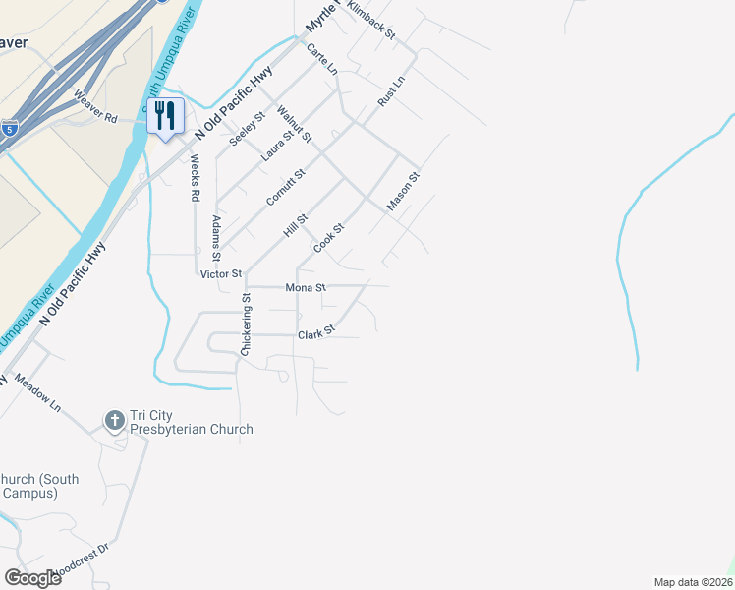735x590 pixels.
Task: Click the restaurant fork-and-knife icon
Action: [164, 116]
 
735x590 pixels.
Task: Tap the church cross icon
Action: [114, 421]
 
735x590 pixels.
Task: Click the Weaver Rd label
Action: [95, 107]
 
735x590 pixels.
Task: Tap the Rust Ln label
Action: [391, 93]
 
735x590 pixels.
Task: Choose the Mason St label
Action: [403, 192]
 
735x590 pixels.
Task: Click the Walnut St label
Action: [294, 123]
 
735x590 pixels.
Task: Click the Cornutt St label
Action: [286, 187]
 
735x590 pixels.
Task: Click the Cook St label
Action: [328, 238]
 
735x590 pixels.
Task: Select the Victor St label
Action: [220, 273]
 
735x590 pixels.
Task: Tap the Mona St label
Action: [305, 288]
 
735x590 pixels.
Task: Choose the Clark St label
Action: [316, 335]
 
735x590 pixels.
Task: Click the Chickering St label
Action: [248, 324]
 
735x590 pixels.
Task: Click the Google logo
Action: [32, 577]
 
